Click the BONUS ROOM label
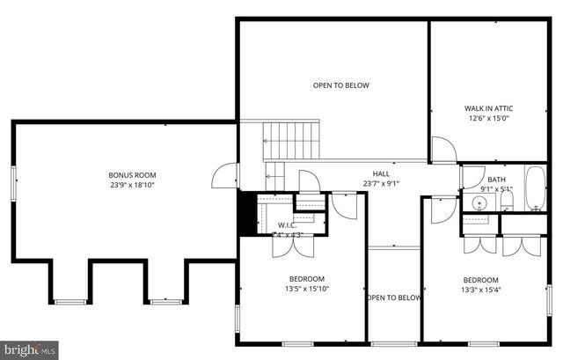click(x=127, y=174)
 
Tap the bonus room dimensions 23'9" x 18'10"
click(x=127, y=185)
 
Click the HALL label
click(x=381, y=173)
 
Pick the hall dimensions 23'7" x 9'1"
click(x=381, y=184)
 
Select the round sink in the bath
click(x=479, y=203)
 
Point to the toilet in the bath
click(x=506, y=204)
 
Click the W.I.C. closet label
click(x=288, y=225)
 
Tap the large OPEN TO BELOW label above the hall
click(x=341, y=85)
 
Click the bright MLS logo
click(x=29, y=350)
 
